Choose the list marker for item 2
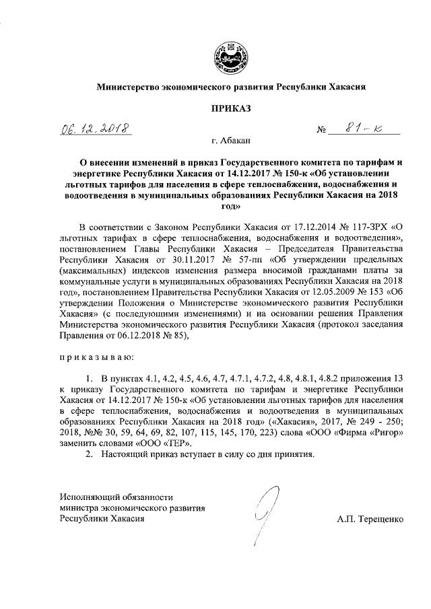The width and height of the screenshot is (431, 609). click(x=88, y=454)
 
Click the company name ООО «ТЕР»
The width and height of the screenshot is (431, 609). click(x=170, y=443)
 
